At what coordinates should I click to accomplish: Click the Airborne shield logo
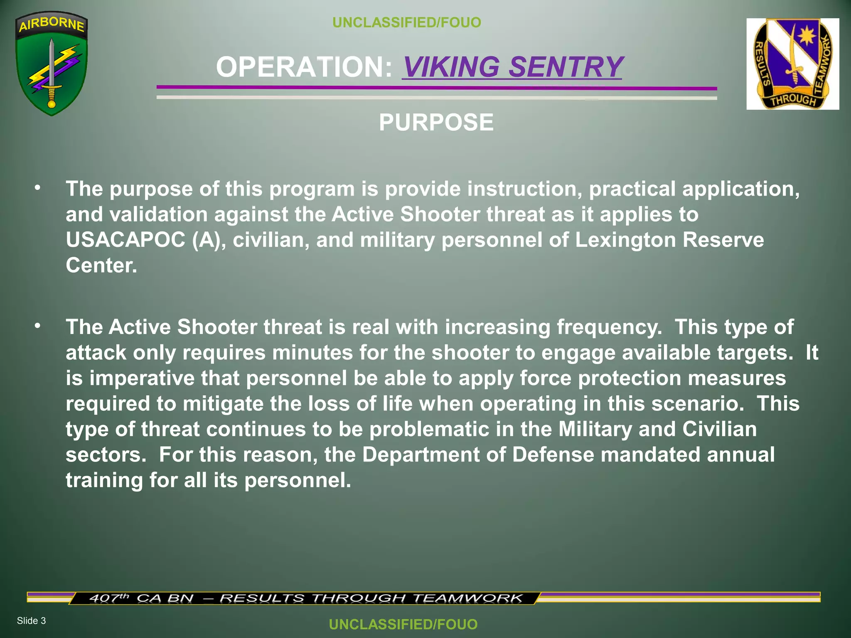click(x=52, y=63)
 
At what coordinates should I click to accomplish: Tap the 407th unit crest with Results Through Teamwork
click(x=792, y=64)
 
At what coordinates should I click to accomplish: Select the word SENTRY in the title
click(x=566, y=67)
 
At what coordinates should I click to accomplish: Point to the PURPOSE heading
click(x=436, y=123)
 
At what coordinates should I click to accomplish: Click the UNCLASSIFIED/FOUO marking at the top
click(x=406, y=22)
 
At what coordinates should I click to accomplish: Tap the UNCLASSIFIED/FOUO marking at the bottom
click(x=403, y=624)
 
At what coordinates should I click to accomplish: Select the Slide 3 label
click(x=31, y=621)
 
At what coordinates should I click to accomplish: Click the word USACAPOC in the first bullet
click(x=125, y=240)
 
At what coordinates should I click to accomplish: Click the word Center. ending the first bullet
click(x=101, y=265)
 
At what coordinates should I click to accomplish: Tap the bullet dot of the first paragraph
click(x=38, y=188)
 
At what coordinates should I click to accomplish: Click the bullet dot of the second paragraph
click(x=38, y=326)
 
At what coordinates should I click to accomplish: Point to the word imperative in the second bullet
click(x=142, y=378)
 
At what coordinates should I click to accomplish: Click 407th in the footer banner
click(x=109, y=598)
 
